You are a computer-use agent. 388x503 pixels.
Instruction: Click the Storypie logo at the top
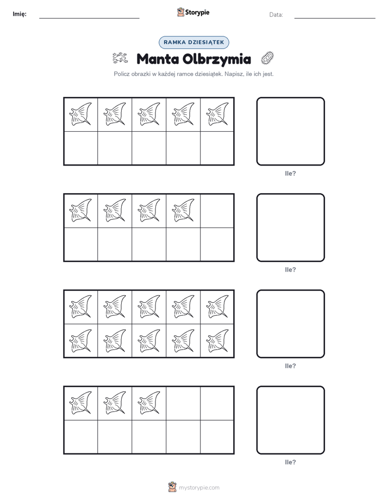click(193, 12)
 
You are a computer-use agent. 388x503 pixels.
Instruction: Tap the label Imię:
click(20, 14)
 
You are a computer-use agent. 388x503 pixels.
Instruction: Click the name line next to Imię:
click(89, 18)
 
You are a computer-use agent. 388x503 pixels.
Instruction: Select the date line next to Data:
click(335, 18)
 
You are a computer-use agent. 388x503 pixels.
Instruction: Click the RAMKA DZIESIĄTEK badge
click(193, 42)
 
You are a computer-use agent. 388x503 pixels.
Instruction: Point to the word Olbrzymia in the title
click(217, 59)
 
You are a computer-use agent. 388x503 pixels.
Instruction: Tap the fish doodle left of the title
click(120, 58)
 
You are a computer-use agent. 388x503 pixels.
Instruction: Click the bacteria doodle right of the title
click(267, 58)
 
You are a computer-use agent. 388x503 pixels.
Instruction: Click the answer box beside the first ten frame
click(290, 131)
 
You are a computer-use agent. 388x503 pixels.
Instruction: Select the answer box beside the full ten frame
click(290, 324)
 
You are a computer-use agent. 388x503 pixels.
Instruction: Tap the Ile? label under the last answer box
click(290, 462)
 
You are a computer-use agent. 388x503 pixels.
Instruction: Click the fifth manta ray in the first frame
click(217, 114)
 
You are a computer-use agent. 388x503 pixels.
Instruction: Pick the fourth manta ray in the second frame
click(183, 210)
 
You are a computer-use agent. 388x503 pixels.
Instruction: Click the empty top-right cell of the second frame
click(217, 211)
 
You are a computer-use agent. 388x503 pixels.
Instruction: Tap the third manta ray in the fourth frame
click(149, 403)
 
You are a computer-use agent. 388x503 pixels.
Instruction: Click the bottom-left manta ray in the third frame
click(80, 340)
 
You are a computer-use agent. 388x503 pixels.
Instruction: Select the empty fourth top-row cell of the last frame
click(183, 403)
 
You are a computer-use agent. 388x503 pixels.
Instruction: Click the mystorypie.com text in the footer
click(199, 488)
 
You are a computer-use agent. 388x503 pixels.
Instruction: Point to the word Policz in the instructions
click(122, 74)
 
